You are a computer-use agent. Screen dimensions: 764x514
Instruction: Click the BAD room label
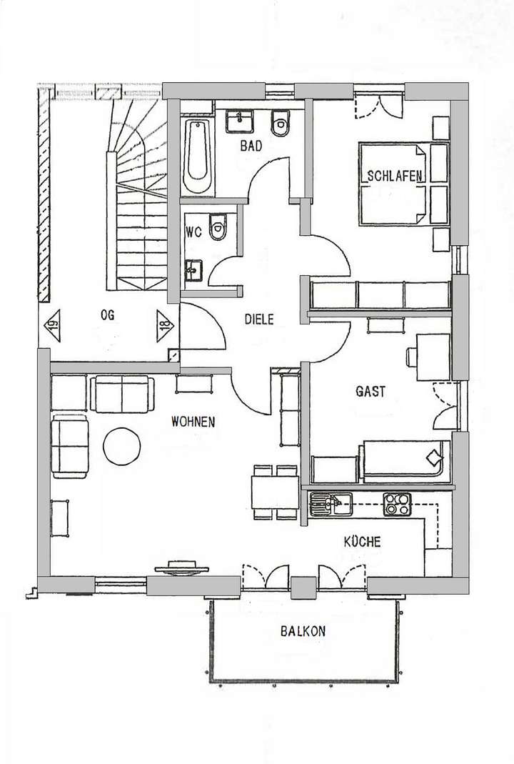251,147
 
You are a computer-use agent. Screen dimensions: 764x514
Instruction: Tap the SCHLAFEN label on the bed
395,176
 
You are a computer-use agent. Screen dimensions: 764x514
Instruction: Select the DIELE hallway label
258,320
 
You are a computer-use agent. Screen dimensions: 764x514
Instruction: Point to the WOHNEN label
193,422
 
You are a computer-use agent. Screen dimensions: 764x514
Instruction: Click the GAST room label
370,392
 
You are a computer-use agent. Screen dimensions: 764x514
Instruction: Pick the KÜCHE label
362,542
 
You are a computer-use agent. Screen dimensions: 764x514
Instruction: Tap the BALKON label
303,631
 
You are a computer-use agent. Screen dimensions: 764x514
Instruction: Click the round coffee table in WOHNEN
122,445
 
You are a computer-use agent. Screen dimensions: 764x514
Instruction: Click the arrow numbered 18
163,327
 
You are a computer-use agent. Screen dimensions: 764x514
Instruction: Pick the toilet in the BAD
280,125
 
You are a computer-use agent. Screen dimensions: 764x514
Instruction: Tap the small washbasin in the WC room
193,269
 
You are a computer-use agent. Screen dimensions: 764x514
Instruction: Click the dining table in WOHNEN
274,492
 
